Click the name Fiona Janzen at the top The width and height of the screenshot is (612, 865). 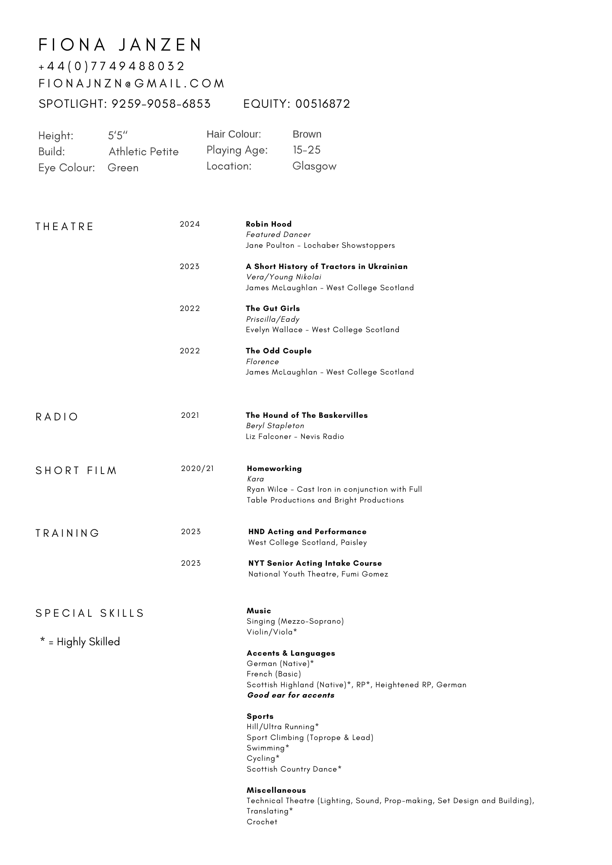click(120, 45)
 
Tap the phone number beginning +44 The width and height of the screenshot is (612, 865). click(112, 66)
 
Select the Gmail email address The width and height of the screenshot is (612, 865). click(131, 83)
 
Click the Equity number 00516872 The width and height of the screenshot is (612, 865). click(323, 104)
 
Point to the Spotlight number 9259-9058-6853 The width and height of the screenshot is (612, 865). click(161, 104)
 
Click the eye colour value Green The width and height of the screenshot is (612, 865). click(123, 168)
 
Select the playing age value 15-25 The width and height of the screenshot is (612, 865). click(307, 150)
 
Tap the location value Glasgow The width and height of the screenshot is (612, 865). click(314, 166)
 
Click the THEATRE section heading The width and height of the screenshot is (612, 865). click(64, 227)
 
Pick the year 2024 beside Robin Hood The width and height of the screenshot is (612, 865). click(190, 224)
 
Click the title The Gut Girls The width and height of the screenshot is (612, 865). click(272, 308)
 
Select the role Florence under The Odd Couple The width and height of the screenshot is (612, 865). click(262, 362)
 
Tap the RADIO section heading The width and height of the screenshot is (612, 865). click(57, 417)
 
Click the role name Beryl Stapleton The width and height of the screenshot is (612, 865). click(275, 426)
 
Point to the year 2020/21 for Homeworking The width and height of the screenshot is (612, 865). click(197, 468)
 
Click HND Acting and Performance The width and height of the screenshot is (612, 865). click(307, 532)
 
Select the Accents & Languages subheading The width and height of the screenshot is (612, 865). click(291, 653)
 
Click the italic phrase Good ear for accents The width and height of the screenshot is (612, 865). click(291, 695)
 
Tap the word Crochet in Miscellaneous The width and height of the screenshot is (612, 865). click(262, 822)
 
